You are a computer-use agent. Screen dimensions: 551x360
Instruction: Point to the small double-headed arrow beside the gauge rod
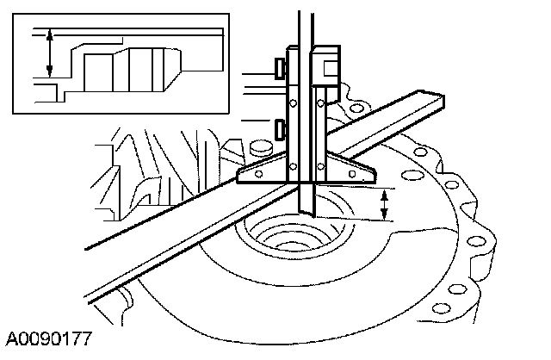(385, 205)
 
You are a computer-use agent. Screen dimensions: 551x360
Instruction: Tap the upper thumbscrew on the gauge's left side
(279, 66)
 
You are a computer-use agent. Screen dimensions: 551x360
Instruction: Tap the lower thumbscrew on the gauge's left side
(279, 130)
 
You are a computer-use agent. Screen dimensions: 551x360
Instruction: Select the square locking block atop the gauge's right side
(326, 64)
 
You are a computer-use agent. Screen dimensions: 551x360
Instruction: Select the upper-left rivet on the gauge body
(294, 103)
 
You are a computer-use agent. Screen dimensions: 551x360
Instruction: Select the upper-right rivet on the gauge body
(322, 103)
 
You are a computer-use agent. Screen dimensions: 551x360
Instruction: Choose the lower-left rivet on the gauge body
(294, 165)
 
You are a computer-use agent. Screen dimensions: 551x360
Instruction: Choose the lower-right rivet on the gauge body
(322, 165)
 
